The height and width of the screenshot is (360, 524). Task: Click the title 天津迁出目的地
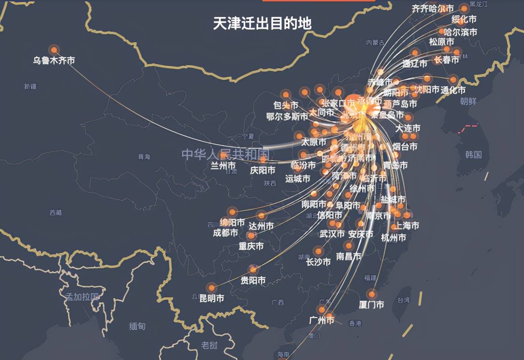coord(262,23)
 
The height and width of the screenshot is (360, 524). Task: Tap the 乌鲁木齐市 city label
coord(54,61)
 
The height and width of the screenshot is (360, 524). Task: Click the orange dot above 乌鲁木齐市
coord(54,50)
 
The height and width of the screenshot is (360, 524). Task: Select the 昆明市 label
coord(212,299)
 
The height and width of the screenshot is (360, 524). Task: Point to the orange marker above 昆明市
coord(211,287)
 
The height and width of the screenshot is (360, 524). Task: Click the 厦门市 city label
coord(371,305)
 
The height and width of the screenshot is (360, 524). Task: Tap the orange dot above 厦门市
coord(371,294)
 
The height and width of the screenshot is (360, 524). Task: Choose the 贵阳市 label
coord(253,281)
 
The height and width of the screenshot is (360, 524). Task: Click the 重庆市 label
coord(251,246)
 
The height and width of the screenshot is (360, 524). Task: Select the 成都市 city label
coord(225,233)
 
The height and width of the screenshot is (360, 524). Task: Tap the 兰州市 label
coord(223,166)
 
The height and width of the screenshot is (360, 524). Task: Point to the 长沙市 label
coord(318,262)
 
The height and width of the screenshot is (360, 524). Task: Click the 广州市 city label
coord(322,320)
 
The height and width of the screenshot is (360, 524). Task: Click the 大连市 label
coord(408,128)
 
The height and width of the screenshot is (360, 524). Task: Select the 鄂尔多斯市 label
coord(287,117)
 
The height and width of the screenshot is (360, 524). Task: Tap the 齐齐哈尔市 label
coord(433,9)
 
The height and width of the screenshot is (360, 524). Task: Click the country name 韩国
coord(474,155)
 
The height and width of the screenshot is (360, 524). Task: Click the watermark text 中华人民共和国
coord(225,155)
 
